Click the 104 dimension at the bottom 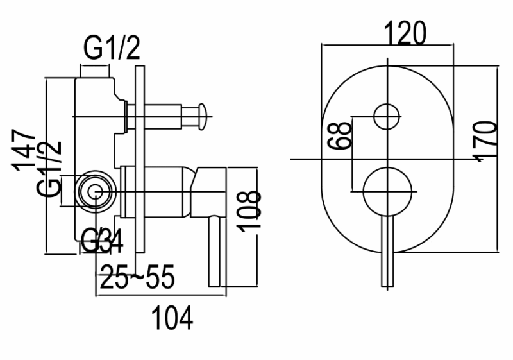tap(171, 318)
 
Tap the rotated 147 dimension tap(26, 150)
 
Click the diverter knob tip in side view tap(202, 116)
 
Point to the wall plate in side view tap(138, 160)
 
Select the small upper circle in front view tap(387, 116)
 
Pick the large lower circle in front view tap(387, 191)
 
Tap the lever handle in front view tap(387, 250)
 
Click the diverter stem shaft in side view tap(164, 116)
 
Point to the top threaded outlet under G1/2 tap(96, 83)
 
